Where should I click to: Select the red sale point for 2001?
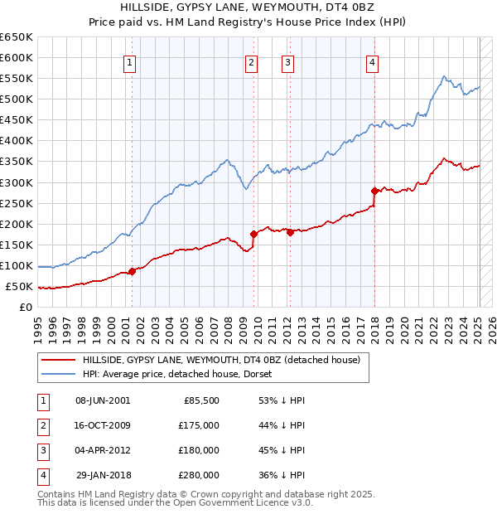pyautogui.click(x=132, y=271)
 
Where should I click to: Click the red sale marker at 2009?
pyautogui.click(x=253, y=234)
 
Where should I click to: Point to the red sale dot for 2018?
pyautogui.click(x=374, y=191)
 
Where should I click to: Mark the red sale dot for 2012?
pyautogui.click(x=291, y=232)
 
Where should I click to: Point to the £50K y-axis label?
pyautogui.click(x=19, y=287)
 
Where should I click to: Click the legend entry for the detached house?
pyautogui.click(x=220, y=361)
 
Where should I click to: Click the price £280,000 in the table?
pyautogui.click(x=199, y=475)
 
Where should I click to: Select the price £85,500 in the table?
pyautogui.click(x=201, y=400)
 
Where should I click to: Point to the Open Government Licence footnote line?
pyautogui.click(x=175, y=502)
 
